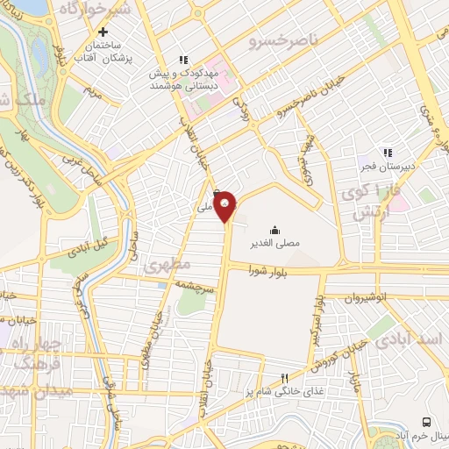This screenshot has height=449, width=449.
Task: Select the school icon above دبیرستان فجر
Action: [388, 151]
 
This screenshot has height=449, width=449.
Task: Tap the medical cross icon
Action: [104, 32]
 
